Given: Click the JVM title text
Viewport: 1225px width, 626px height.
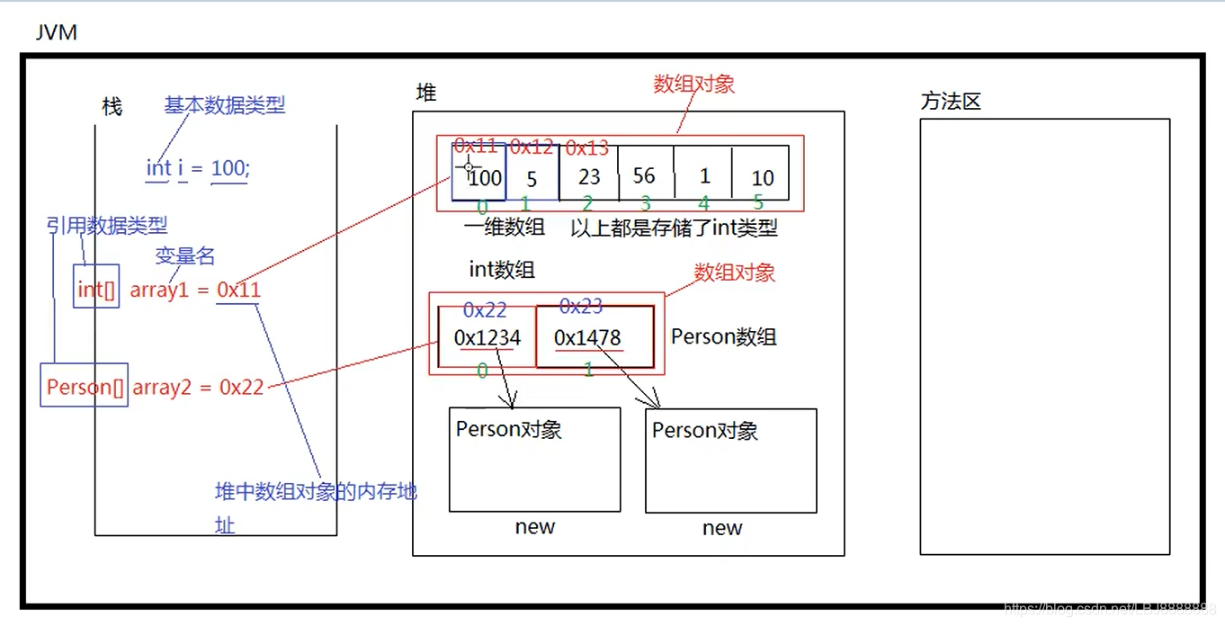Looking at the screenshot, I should [x=56, y=33].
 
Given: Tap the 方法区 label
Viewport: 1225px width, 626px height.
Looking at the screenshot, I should [x=950, y=102].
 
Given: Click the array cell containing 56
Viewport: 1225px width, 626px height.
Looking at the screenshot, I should [x=645, y=174].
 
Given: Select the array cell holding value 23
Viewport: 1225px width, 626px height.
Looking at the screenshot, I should [x=589, y=176].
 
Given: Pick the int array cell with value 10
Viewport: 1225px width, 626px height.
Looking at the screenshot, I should [x=762, y=177].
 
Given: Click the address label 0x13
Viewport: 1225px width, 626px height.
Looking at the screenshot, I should [x=586, y=148].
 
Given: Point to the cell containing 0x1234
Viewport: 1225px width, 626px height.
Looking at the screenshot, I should [x=487, y=337].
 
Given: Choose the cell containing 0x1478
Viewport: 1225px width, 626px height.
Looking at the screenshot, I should [x=594, y=337].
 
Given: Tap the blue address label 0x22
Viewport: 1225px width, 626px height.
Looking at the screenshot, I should [x=485, y=310].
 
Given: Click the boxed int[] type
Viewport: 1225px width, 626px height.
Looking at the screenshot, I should [x=95, y=289].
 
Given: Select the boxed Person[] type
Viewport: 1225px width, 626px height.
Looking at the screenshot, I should [x=85, y=387].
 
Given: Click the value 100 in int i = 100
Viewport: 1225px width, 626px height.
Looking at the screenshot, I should [x=228, y=168].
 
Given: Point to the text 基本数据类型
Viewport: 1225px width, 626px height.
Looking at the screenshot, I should [x=225, y=105].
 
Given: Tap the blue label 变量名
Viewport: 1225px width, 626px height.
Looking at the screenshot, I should [x=185, y=256].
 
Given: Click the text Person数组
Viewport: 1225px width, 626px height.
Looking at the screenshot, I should [x=723, y=337].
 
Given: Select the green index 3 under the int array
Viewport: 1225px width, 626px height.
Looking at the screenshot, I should [x=645, y=204].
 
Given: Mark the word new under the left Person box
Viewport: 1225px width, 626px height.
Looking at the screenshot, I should [x=534, y=527].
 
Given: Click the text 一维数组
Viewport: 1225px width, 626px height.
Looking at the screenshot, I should [x=505, y=228].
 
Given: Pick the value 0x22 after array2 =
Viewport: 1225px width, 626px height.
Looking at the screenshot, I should [x=242, y=387].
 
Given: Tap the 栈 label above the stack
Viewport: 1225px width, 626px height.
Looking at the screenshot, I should [x=112, y=107].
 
